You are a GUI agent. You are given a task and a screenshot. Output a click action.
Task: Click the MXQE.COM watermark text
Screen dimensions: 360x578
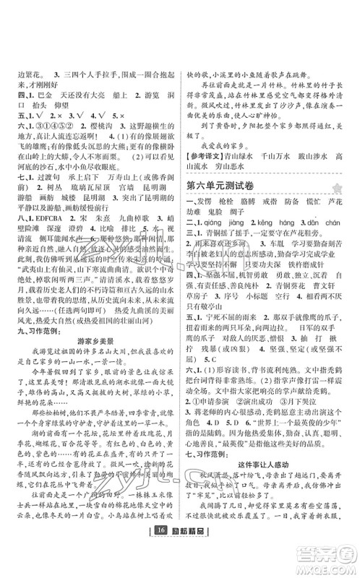(322, 565)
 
